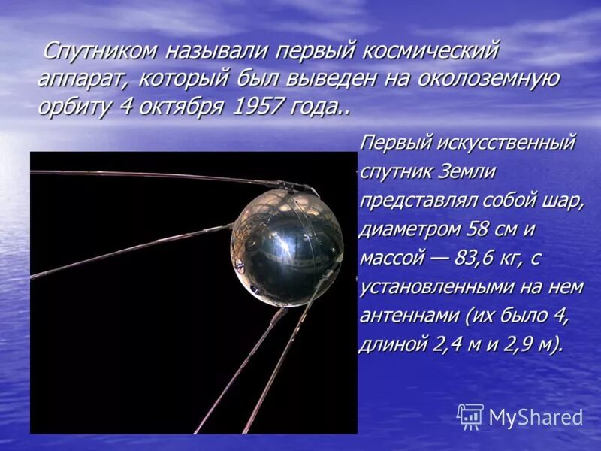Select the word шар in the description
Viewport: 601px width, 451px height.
[564, 201]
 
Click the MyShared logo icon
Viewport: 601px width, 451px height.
[470, 416]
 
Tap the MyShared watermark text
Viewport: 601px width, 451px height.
[536, 418]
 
